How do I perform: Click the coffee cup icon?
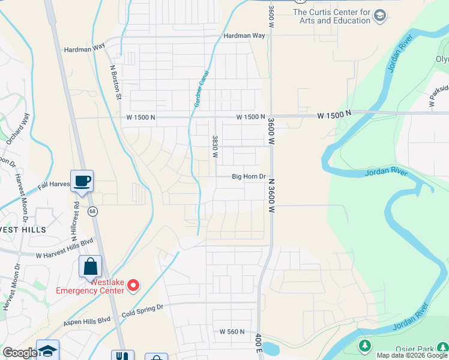82,180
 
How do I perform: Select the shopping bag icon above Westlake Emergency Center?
90,266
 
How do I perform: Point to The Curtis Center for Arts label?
331,16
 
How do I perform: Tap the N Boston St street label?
115,82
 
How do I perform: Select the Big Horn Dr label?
249,176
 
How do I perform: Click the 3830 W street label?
214,146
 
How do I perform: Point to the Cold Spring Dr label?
142,308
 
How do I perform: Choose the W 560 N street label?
232,332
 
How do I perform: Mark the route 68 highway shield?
92,211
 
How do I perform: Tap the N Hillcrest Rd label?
76,217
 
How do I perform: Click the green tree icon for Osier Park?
364,346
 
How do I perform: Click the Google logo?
19,353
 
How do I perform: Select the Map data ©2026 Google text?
412,355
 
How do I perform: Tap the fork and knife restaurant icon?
124,355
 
